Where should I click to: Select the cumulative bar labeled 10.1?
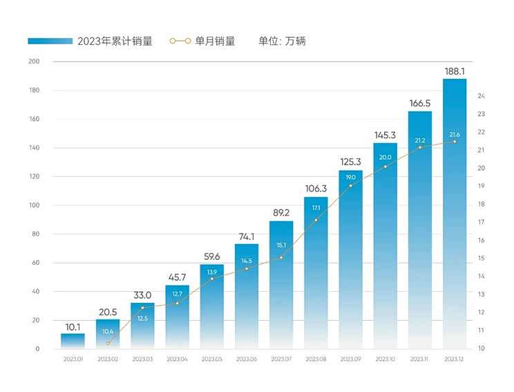pos(73,341)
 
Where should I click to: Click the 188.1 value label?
pos(455,71)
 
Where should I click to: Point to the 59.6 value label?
pos(211,256)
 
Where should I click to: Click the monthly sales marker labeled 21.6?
pos(455,142)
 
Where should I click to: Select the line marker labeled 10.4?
pos(108,344)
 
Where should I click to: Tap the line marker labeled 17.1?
pos(316,221)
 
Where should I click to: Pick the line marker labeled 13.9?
pos(211,279)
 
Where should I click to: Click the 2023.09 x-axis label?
pos(350,360)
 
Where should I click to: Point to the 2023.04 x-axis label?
pos(177,360)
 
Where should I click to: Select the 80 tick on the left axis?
pos(35,234)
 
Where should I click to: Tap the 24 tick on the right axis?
pos(481,96)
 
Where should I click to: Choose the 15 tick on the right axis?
pos(481,259)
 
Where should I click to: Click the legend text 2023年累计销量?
pos(115,41)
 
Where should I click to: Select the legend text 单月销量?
pos(216,41)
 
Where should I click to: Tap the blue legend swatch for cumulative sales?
pos(50,41)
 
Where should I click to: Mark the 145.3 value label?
pos(386,136)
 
